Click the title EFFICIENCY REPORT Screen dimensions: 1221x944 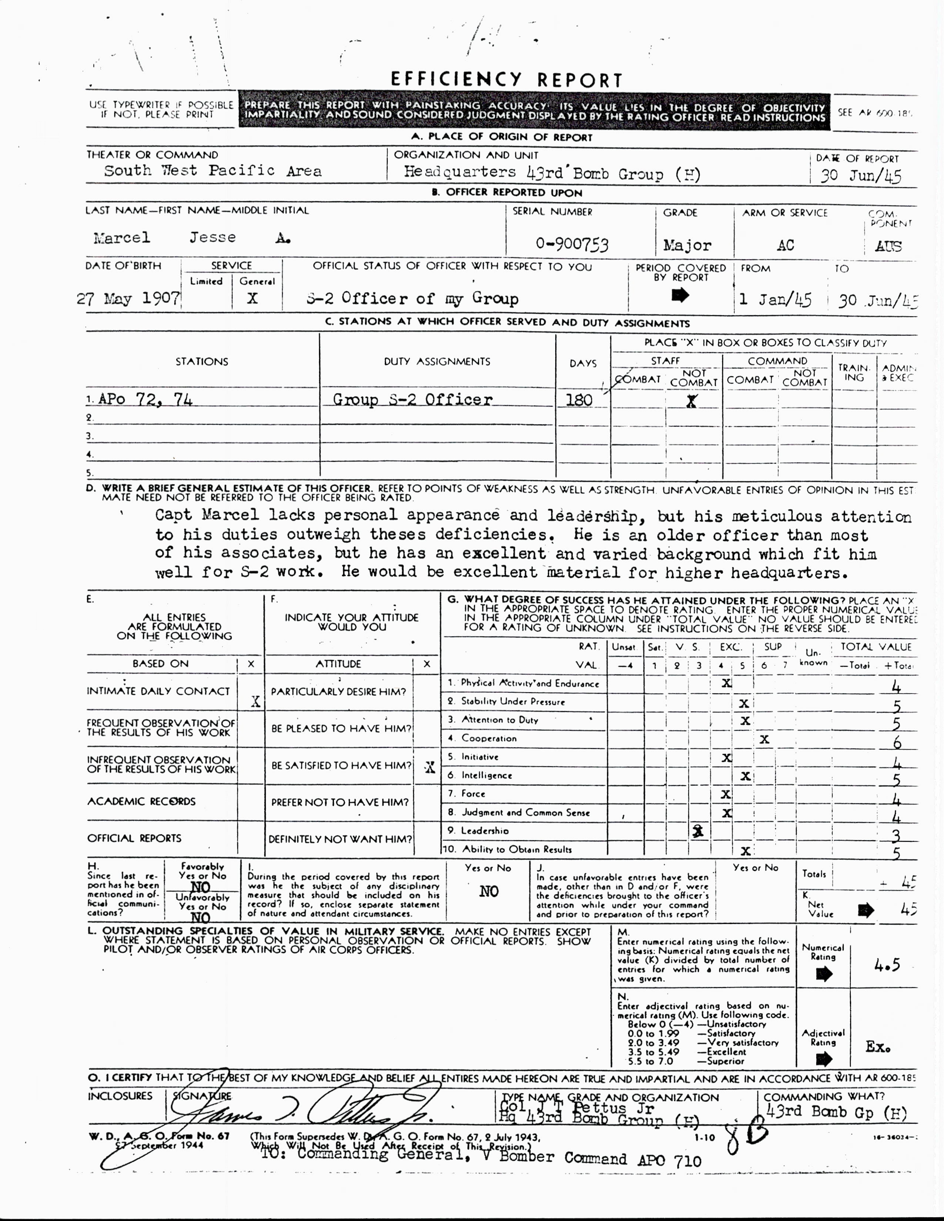[x=506, y=80]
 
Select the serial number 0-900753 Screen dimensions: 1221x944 [x=572, y=244]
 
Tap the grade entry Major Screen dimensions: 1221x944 [x=687, y=245]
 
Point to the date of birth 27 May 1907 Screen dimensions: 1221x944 [x=128, y=298]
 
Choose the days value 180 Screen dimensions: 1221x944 [x=579, y=400]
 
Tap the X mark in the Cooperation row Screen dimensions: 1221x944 [x=764, y=739]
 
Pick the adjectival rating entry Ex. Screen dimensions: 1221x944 [x=877, y=1047]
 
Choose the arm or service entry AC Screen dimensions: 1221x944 [x=785, y=245]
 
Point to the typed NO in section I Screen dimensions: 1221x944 [x=488, y=891]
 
